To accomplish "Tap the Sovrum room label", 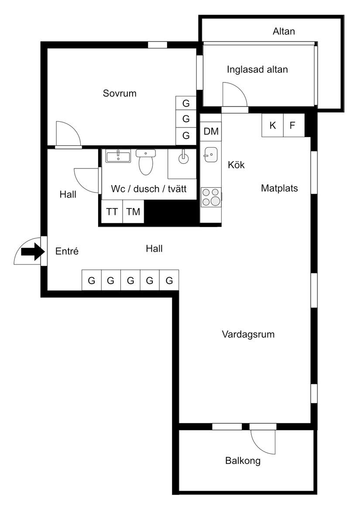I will pyautogui.click(x=120, y=93).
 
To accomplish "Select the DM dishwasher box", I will pyautogui.click(x=211, y=131).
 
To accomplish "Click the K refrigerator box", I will pyautogui.click(x=273, y=126).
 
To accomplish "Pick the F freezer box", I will pyautogui.click(x=292, y=126).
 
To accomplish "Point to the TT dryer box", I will pyautogui.click(x=112, y=212).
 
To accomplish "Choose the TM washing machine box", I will pyautogui.click(x=133, y=212).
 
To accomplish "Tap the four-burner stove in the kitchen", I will pyautogui.click(x=211, y=197).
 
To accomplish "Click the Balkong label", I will pyautogui.click(x=243, y=460).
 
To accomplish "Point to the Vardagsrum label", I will pyautogui.click(x=248, y=335).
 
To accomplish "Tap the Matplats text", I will pyautogui.click(x=279, y=188).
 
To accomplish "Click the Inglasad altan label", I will pyautogui.click(x=257, y=69).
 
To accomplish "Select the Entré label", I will pyautogui.click(x=67, y=251).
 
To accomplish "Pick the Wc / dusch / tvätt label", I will pyautogui.click(x=149, y=189).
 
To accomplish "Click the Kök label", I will pyautogui.click(x=236, y=165).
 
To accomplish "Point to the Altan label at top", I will pyautogui.click(x=284, y=31).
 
